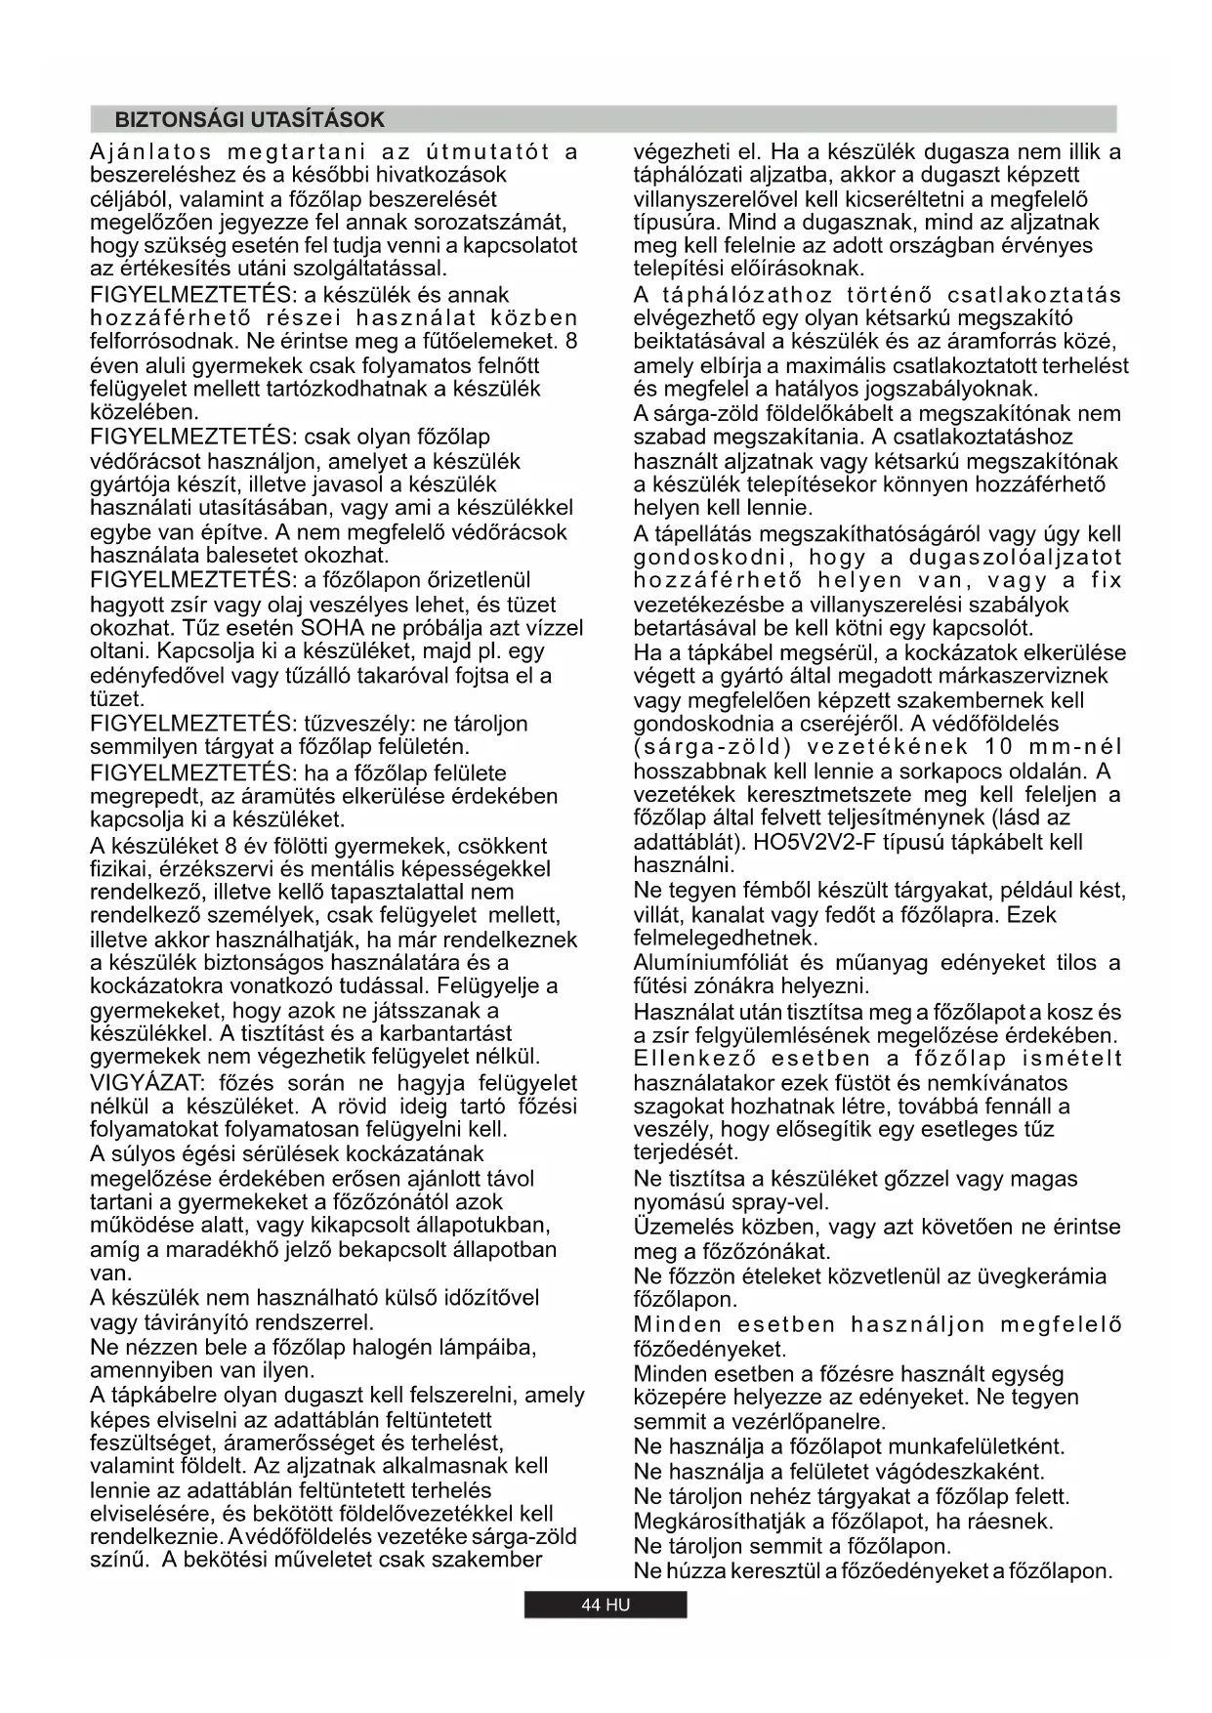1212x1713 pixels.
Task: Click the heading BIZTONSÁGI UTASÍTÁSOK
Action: click(x=250, y=120)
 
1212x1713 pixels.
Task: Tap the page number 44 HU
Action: click(x=606, y=1606)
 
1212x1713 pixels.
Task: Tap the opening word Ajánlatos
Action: click(x=150, y=152)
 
